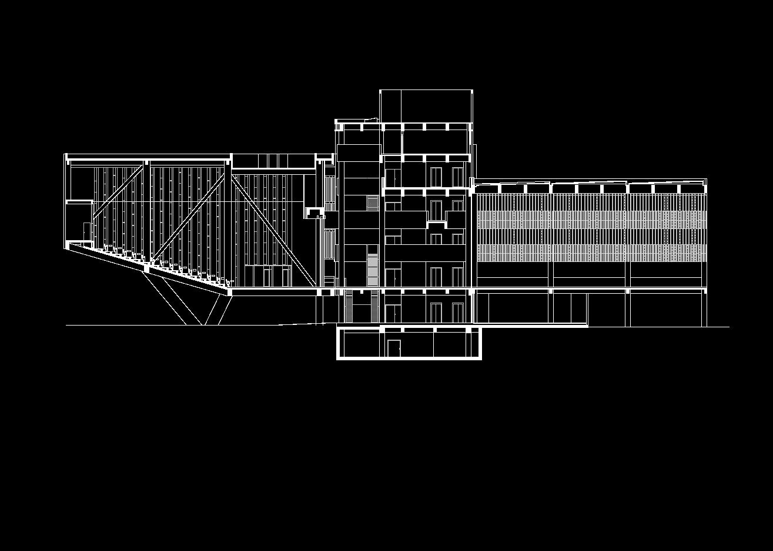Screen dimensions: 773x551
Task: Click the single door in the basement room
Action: coord(393,348)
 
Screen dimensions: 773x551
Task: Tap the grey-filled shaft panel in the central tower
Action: coord(373,269)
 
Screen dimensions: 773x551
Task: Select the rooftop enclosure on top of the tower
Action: coord(426,106)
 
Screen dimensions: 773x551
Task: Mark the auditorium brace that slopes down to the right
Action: coord(273,230)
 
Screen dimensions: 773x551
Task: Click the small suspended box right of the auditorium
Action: coord(314,213)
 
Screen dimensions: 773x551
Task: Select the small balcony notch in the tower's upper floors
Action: coord(436,224)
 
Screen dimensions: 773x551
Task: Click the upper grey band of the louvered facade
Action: coord(591,220)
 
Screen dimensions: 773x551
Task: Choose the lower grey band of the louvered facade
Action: coord(591,253)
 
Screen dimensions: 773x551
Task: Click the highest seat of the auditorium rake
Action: coord(106,248)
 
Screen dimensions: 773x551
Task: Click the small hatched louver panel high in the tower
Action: coord(373,203)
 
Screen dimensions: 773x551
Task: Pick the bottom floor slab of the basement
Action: coord(409,358)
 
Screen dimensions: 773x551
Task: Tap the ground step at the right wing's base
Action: coord(532,324)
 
